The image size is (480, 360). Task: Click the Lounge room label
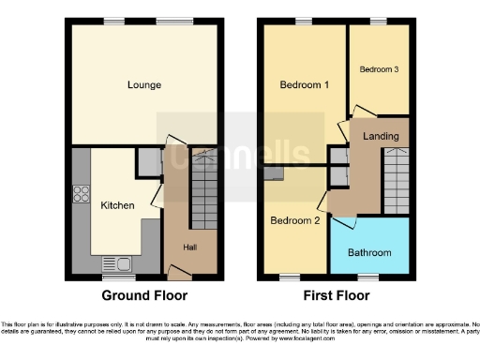[144, 85]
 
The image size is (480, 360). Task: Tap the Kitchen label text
[117, 205]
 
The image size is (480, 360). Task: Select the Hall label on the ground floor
[189, 247]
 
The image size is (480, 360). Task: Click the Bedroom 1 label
[304, 85]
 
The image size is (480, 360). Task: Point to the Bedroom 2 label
[295, 221]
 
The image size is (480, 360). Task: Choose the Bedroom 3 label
[379, 69]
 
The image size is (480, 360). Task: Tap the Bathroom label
[369, 252]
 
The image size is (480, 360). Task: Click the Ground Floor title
[144, 295]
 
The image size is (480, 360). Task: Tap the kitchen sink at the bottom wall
[118, 263]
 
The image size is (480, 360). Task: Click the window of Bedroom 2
[290, 277]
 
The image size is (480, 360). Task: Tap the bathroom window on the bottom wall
[368, 277]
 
